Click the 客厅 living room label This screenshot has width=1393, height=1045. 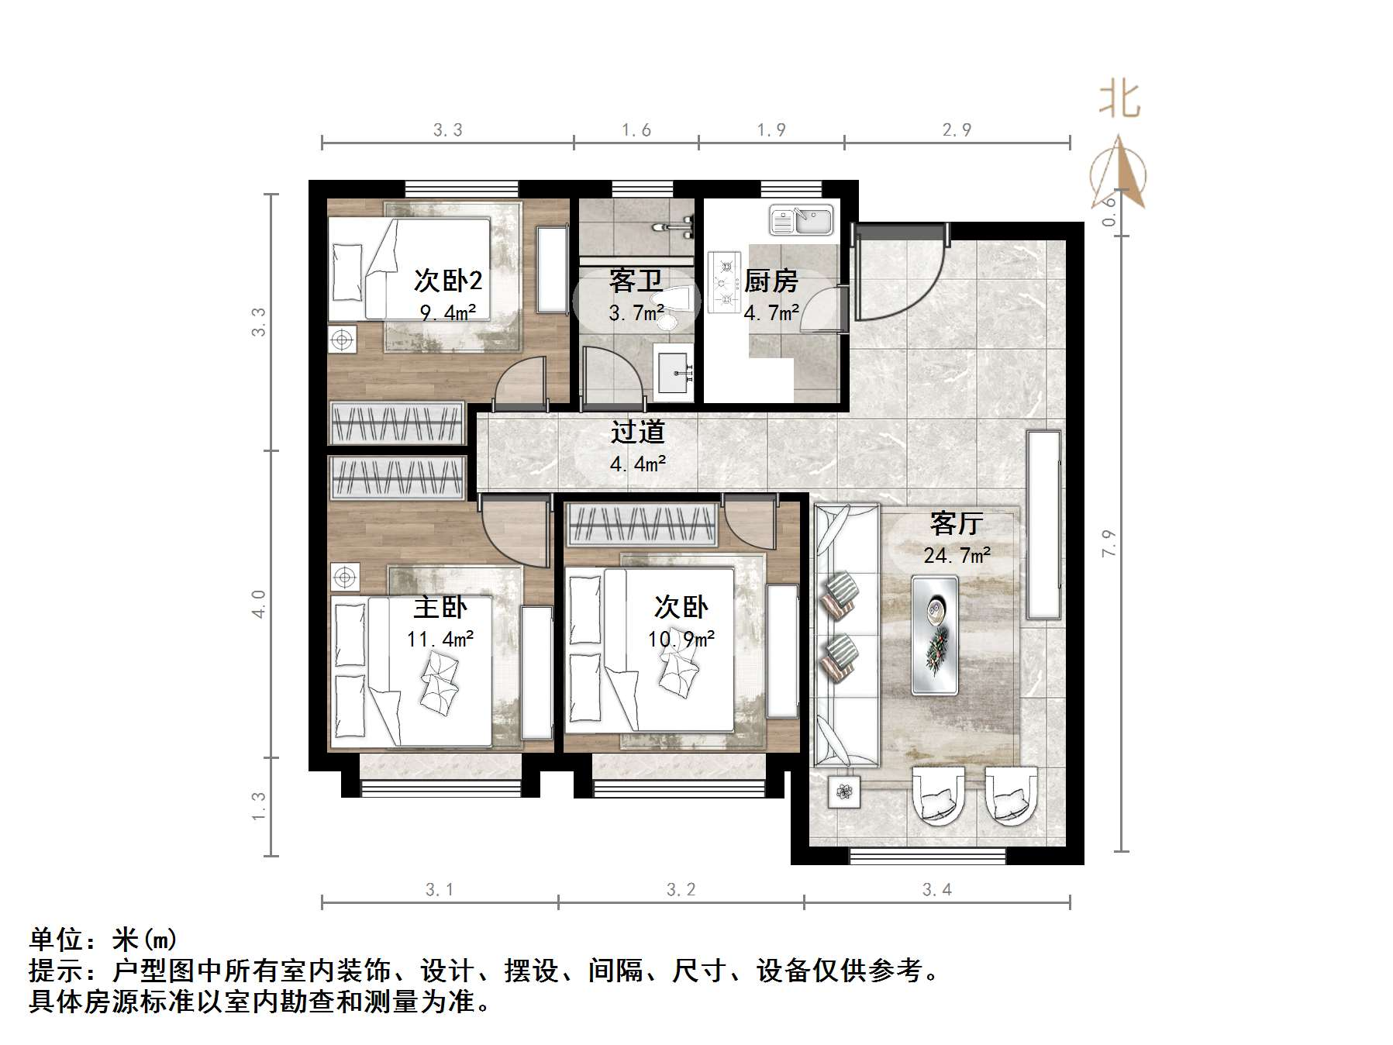click(956, 524)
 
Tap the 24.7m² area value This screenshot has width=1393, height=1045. click(957, 555)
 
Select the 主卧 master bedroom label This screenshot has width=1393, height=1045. click(440, 607)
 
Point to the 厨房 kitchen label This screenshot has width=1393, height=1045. click(771, 281)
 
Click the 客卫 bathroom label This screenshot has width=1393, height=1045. click(635, 281)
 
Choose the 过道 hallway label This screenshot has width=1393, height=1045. click(637, 432)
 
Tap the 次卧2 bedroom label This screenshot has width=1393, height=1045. click(447, 280)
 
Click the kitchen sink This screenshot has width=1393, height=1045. click(801, 219)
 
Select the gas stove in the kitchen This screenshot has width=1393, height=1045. click(725, 283)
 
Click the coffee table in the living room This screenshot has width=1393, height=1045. click(935, 634)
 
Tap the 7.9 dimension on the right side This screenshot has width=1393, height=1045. click(1109, 543)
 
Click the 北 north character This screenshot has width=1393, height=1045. click(1119, 101)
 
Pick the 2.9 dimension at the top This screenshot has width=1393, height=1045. click(957, 129)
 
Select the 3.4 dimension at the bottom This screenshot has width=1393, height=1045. click(936, 889)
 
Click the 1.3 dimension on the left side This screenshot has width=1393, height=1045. click(259, 806)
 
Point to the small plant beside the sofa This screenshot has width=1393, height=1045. click(844, 792)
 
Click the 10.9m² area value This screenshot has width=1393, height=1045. click(681, 639)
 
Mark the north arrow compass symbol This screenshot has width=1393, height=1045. click(1119, 174)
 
